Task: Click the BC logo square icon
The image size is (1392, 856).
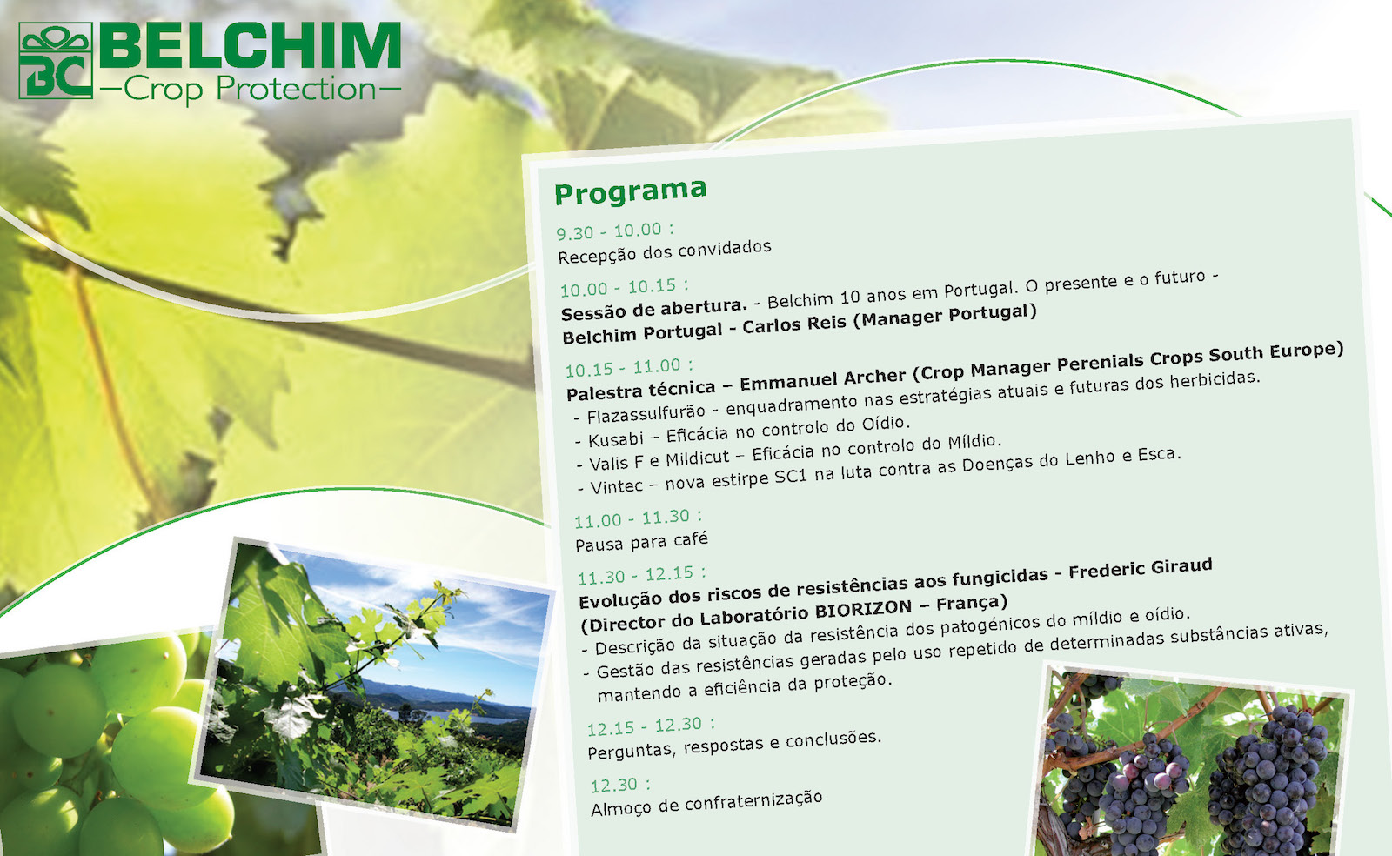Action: pos(56,61)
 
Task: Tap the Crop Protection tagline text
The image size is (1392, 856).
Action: pos(250,88)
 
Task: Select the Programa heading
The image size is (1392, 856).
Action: pos(631,191)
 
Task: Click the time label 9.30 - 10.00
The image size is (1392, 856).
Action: pos(614,231)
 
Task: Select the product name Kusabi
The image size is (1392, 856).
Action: pos(616,439)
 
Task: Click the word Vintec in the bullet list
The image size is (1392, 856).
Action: pos(617,486)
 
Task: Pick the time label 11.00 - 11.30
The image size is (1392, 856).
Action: pos(638,518)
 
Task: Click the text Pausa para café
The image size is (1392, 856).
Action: pos(641,541)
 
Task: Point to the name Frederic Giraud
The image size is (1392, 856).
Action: pos(1141,568)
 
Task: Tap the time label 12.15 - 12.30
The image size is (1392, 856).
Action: pos(651,726)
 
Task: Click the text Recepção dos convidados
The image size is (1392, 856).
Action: pos(665,251)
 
